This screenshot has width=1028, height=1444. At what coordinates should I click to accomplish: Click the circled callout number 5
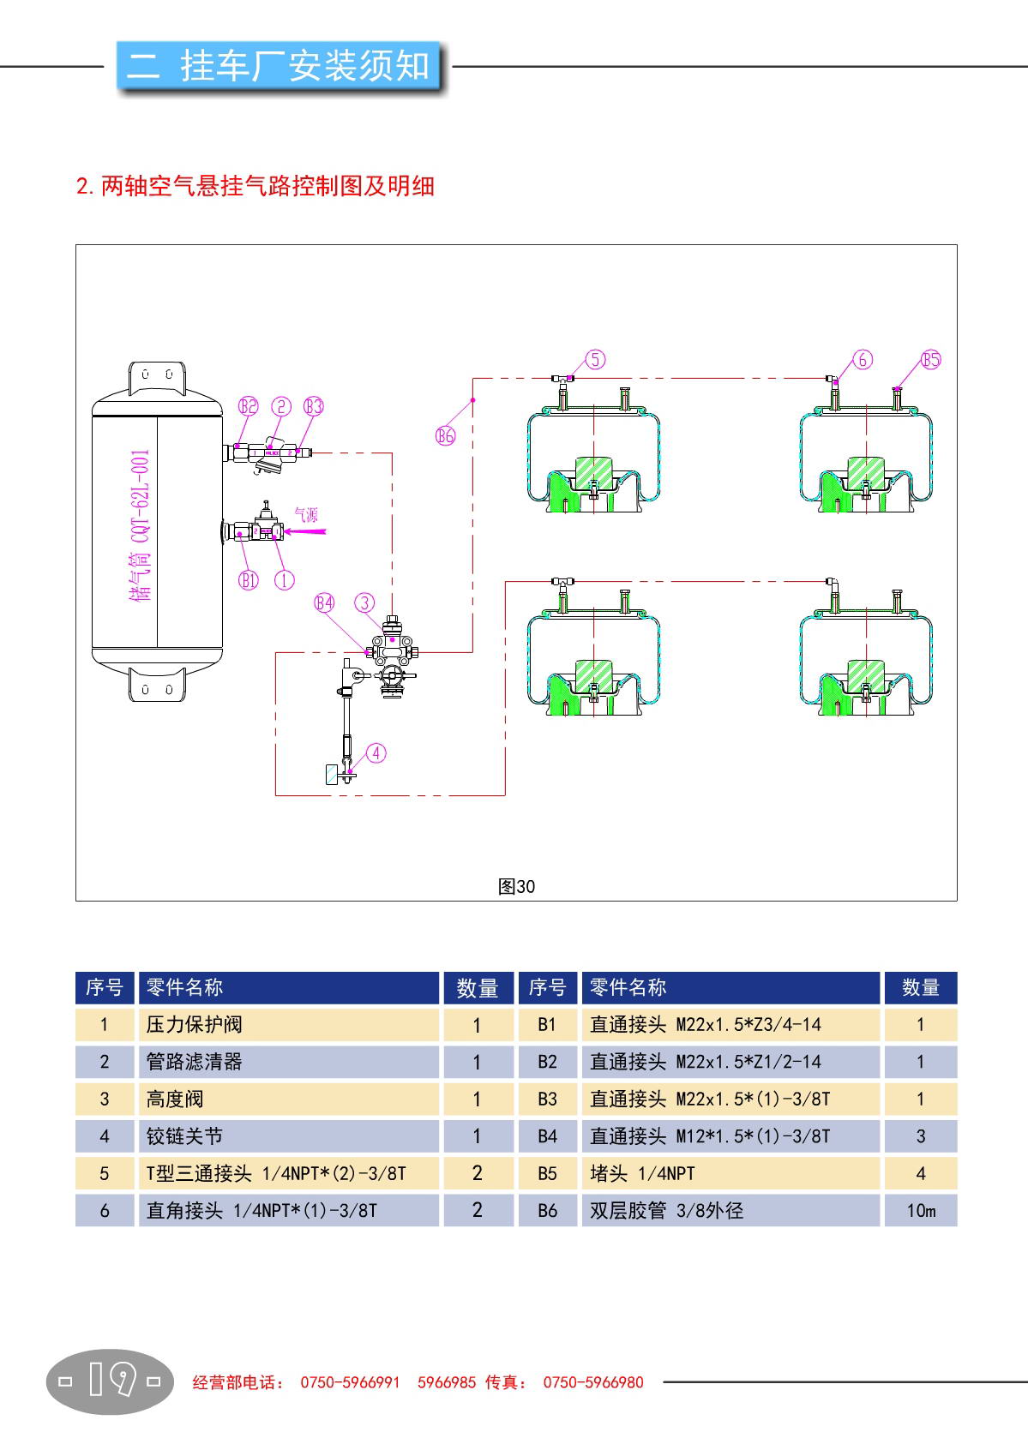click(596, 359)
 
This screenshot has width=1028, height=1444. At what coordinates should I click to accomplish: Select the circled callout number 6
click(863, 359)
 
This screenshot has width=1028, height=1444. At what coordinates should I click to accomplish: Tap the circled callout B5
click(931, 359)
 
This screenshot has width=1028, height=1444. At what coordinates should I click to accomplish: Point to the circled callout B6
click(445, 435)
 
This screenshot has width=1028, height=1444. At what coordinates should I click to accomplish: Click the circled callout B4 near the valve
click(324, 602)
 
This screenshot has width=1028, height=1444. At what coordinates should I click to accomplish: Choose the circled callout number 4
click(376, 752)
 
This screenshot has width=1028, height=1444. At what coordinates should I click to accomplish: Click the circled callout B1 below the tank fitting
click(249, 580)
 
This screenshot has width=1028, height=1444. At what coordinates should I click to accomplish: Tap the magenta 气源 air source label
click(306, 514)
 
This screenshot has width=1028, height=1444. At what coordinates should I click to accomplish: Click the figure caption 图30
click(516, 887)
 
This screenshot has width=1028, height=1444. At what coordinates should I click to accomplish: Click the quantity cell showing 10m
click(921, 1210)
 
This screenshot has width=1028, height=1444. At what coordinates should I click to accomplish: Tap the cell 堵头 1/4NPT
click(642, 1173)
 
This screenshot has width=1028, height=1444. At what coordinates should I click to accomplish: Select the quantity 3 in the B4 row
click(921, 1136)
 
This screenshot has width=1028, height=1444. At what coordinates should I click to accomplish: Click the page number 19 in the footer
click(110, 1381)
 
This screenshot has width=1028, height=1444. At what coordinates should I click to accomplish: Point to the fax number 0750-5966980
click(592, 1381)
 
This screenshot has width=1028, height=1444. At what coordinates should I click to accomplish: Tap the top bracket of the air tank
click(158, 377)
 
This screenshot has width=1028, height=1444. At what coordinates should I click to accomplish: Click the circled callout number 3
click(366, 602)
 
